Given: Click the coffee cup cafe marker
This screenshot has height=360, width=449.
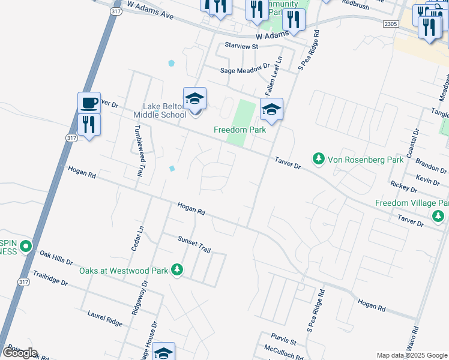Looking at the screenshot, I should pyautogui.click(x=89, y=103).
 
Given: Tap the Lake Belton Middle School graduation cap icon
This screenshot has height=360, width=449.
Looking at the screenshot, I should pyautogui.click(x=194, y=98).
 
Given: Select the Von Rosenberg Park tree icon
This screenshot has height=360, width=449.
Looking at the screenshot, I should pyautogui.click(x=318, y=159).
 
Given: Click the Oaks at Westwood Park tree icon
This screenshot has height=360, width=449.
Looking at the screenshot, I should pyautogui.click(x=176, y=270).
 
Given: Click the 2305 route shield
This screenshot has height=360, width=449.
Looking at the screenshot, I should pyautogui.click(x=390, y=23).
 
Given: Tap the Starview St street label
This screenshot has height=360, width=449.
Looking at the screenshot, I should pyautogui.click(x=241, y=46).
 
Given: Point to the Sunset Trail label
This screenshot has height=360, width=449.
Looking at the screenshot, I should pyautogui.click(x=194, y=243).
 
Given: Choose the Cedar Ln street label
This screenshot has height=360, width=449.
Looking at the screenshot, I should pyautogui.click(x=137, y=238).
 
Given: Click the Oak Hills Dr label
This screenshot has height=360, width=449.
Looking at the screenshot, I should pyautogui.click(x=56, y=259).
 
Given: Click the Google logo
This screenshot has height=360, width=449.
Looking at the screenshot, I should pyautogui.click(x=20, y=353).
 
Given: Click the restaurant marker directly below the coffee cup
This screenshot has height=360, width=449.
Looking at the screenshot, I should pyautogui.click(x=89, y=124).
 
